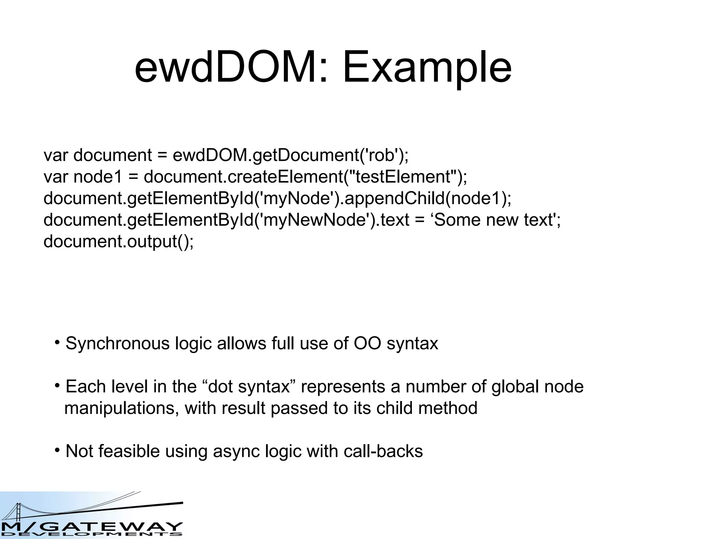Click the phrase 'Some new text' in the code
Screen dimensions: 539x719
[493, 220]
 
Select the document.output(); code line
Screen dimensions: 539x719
[118, 242]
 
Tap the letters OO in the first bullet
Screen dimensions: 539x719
[367, 344]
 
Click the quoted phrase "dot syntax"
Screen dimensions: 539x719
[249, 387]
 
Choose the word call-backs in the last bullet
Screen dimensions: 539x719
[383, 451]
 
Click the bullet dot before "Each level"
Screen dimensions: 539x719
[57, 385]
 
